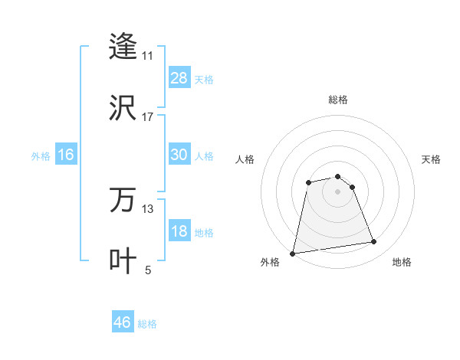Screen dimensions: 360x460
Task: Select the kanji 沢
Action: coord(123,107)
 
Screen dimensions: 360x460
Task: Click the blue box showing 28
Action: coord(179,78)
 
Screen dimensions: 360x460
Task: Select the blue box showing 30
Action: coord(179,155)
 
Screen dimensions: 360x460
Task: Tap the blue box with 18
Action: coord(179,231)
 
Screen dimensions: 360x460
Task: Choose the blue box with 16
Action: coord(66,155)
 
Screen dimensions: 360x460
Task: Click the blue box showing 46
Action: coord(123,322)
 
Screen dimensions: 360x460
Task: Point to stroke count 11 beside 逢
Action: coord(148,56)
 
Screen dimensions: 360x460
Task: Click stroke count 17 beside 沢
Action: coord(148,117)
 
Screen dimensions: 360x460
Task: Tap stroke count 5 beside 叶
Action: coord(148,270)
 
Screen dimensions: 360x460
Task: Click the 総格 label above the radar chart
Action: coord(338,100)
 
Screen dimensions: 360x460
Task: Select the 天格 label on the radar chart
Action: coord(432,159)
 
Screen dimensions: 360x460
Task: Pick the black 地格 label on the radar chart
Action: coord(402,262)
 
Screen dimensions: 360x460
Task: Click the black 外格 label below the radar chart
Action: coord(270,262)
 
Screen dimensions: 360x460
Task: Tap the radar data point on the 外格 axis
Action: coord(293,253)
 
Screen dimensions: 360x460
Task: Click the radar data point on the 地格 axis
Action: coord(374,242)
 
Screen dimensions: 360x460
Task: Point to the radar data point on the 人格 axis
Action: coord(308,182)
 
